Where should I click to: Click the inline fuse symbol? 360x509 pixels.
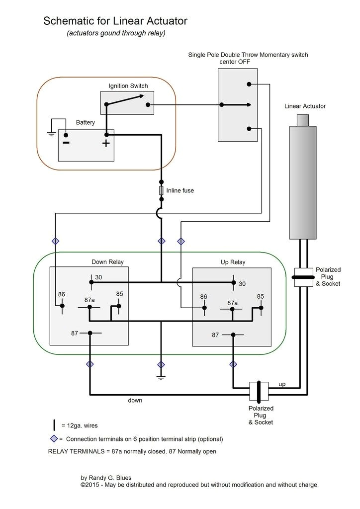[x=161, y=191]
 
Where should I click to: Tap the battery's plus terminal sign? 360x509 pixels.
[x=106, y=144]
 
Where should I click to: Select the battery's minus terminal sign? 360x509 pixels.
[x=66, y=143]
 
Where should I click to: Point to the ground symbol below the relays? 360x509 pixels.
[x=161, y=378]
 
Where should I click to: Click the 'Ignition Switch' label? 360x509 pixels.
[x=128, y=86]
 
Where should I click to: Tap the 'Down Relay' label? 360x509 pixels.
[x=107, y=262]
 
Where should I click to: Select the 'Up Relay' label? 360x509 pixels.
[x=233, y=262]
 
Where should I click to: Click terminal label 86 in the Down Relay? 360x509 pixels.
[x=61, y=294]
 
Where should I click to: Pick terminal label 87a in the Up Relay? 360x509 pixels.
[x=232, y=303]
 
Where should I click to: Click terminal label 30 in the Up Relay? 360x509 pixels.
[x=242, y=284]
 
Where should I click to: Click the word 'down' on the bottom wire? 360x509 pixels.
[x=135, y=400]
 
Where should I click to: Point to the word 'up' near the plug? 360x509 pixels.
[x=281, y=384]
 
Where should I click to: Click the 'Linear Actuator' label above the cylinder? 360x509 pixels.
[x=305, y=106]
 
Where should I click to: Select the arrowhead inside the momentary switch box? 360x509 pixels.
[x=247, y=105]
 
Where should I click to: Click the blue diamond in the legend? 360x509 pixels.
[x=53, y=439]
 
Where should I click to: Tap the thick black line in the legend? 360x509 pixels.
[x=54, y=425]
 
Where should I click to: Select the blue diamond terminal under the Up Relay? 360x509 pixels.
[x=233, y=364]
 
